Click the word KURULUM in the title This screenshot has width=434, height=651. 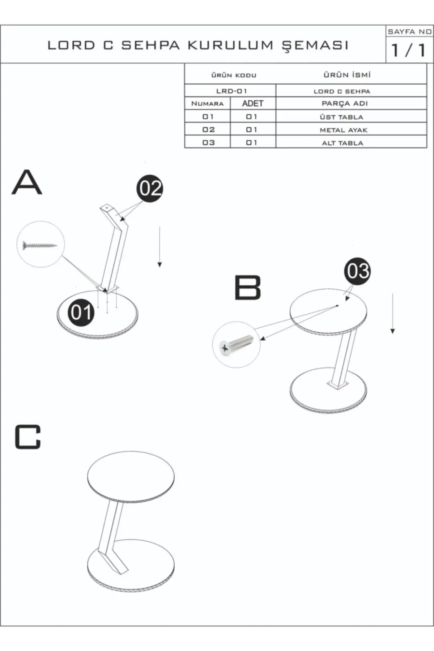[x=230, y=45]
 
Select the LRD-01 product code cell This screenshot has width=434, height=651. [x=231, y=91]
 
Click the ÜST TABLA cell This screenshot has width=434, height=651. [x=342, y=117]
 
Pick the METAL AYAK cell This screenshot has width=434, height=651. [x=343, y=130]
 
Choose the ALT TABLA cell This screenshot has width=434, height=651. [x=342, y=143]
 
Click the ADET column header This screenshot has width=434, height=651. [x=252, y=103]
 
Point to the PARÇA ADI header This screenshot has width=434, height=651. [x=344, y=103]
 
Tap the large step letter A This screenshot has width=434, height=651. [x=27, y=183]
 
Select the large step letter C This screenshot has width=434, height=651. [x=28, y=437]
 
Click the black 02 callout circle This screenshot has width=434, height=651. [x=150, y=188]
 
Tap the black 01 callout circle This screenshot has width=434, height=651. [x=81, y=312]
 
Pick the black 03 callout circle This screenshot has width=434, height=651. [x=357, y=271]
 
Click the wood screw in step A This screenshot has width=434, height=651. [x=40, y=246]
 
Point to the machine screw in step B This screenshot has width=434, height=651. [x=236, y=345]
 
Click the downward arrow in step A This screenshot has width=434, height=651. [x=159, y=247]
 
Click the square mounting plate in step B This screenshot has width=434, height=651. [x=338, y=385]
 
